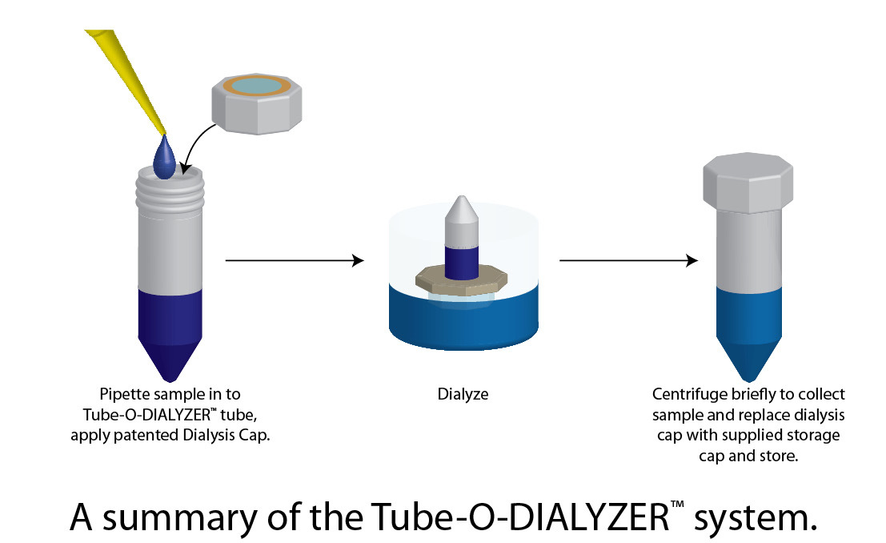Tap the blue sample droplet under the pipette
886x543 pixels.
tap(166, 158)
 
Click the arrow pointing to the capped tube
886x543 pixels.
tap(628, 260)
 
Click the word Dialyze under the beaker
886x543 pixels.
tap(462, 394)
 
